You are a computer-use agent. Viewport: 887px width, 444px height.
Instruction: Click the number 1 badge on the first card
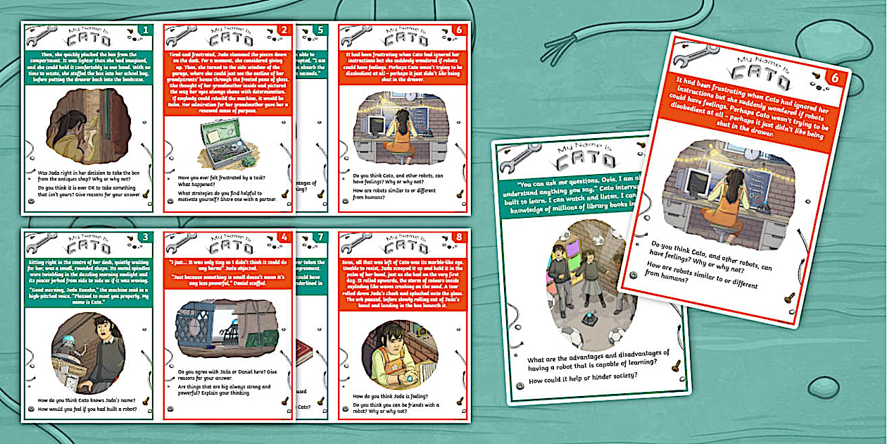point(146,30)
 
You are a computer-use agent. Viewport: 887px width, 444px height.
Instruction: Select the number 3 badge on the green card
point(146,238)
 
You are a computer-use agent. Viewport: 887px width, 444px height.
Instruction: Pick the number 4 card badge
point(285,238)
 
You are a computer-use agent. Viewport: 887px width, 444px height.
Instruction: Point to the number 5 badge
point(321,30)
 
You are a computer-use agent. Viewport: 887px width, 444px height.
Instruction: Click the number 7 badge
point(321,238)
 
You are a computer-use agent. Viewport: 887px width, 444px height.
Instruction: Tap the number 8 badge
point(460,238)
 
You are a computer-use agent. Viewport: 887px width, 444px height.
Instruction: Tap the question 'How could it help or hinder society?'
point(585,375)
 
